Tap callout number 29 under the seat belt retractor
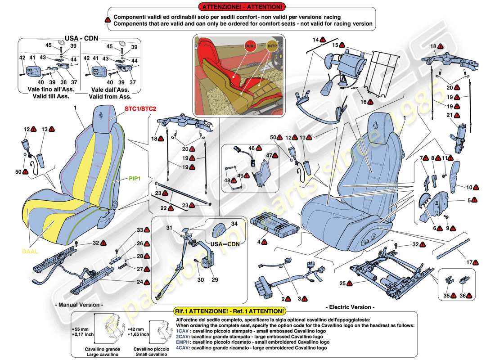(x=215, y=279)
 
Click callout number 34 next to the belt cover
(x=234, y=223)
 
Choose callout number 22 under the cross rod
(x=164, y=209)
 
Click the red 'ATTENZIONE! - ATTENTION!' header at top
(x=243, y=7)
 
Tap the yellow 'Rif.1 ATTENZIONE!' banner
(x=229, y=311)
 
